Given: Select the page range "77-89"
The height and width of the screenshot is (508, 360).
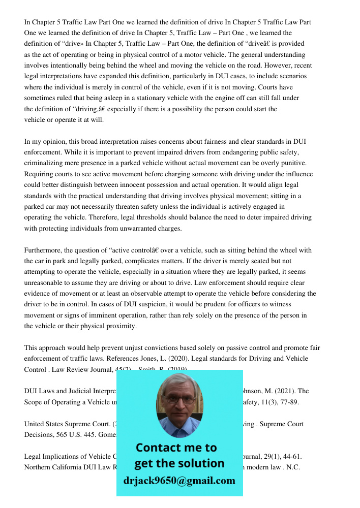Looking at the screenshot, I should [x=288, y=402].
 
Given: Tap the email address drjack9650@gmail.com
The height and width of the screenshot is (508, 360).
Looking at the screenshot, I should [x=179, y=481].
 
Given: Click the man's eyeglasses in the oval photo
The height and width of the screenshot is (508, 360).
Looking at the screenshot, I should [x=179, y=400].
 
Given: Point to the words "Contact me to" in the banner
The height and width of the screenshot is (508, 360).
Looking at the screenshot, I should [x=176, y=448].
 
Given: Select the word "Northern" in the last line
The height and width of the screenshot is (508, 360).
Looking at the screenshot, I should [x=38, y=467].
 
